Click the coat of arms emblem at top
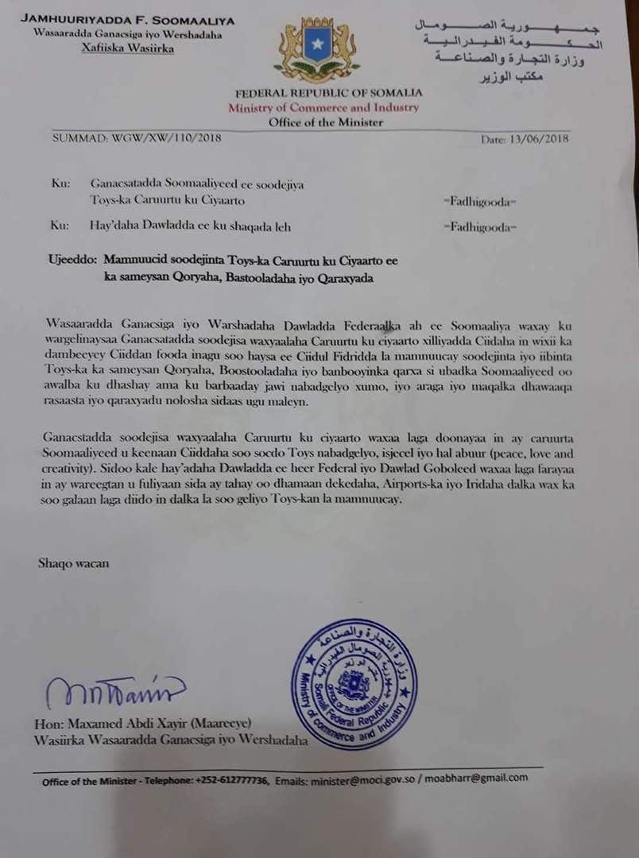coord(316,52)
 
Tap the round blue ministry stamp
coord(352,686)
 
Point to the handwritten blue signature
coord(114,694)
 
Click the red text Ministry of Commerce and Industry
coord(323,107)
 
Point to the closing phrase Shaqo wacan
coord(74,563)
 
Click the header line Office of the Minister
coord(326,122)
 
